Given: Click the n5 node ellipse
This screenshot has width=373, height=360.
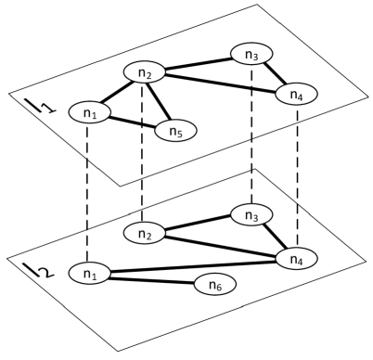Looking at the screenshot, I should pos(175,131).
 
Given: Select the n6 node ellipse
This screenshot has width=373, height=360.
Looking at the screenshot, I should pos(214,284).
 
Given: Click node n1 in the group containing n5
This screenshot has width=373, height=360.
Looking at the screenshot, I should pos(90,112).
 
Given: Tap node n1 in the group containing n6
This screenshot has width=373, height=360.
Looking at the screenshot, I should pos(90,273).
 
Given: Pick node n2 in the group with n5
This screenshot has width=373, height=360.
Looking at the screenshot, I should pos(145,72).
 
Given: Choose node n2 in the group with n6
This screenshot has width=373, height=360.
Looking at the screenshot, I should pos(145,233).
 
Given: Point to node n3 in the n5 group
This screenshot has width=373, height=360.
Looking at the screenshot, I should pos(251,54).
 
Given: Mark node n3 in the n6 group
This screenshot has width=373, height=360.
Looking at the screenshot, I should pos(251,214).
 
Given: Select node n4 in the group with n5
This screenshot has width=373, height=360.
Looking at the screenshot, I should pos(296,94).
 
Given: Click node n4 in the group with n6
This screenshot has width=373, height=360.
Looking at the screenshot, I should pos(296,259).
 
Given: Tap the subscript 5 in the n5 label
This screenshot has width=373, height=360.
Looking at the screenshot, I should pos(180,134).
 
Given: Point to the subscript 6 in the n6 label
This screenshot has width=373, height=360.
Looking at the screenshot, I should pos(219,287).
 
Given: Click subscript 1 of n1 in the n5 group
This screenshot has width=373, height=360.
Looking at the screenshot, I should pos(95,115).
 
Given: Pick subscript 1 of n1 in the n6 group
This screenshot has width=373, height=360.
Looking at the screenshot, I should pos(95,276).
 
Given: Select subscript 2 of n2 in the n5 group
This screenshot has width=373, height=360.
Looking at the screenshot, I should pos(149,75).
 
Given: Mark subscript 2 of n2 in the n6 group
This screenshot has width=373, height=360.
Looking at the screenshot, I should pos(149,236).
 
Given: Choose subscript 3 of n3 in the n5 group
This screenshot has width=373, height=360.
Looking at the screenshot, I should pos(256,57).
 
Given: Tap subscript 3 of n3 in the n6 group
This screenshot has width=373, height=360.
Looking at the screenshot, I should pos(256,217).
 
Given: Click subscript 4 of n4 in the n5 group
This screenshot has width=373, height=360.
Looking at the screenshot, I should pos(301,96).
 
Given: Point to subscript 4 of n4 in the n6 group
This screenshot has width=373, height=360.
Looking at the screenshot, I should pos(301,262).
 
